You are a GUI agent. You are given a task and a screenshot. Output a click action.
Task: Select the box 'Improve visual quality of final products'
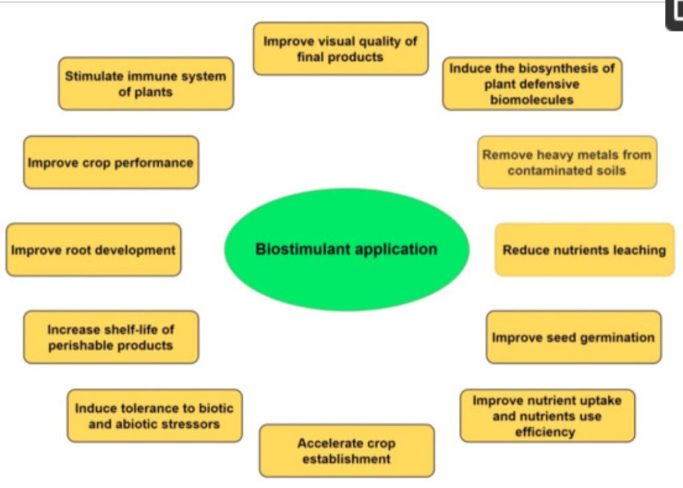340,49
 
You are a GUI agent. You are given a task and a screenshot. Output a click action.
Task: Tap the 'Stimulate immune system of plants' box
145,83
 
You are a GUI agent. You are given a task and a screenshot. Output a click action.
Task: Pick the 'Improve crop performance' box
111,162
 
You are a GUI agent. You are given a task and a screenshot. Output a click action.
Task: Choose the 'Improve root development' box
93,250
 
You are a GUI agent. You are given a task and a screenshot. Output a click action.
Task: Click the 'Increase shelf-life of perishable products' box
111,337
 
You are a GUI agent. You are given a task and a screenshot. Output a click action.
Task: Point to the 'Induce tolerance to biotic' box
154,415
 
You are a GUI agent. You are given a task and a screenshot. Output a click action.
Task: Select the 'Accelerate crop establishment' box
346,451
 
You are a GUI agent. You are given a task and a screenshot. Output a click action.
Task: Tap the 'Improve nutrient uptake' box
547,416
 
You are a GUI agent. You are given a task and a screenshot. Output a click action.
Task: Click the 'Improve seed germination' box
574,337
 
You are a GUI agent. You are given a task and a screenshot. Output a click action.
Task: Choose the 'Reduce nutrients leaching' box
584,250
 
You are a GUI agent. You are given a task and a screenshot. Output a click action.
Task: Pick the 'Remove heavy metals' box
567,162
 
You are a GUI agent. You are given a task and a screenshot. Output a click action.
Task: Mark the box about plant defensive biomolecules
532,83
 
